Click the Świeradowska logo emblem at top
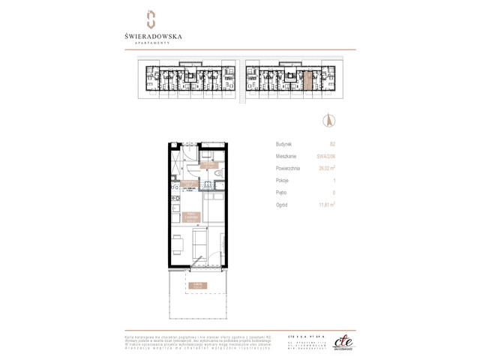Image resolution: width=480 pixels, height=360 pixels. point(150,19)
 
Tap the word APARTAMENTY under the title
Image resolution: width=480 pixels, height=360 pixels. point(152,43)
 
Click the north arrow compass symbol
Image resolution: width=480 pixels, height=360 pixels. point(328,119)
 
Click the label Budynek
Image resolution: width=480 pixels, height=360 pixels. point(283,144)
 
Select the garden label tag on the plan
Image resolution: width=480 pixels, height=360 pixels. point(196,285)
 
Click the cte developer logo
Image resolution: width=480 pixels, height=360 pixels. point(343,340)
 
